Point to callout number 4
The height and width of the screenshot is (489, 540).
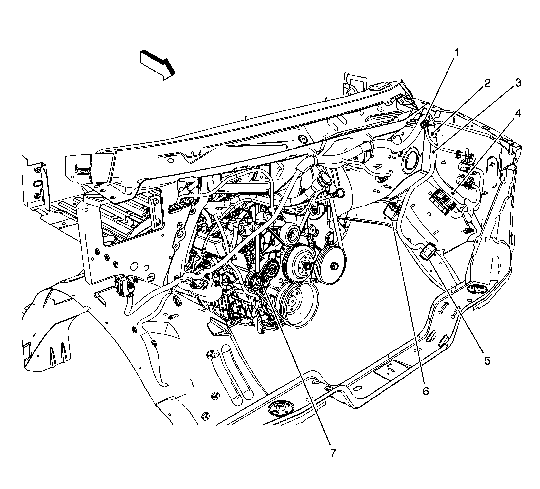click(518, 114)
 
